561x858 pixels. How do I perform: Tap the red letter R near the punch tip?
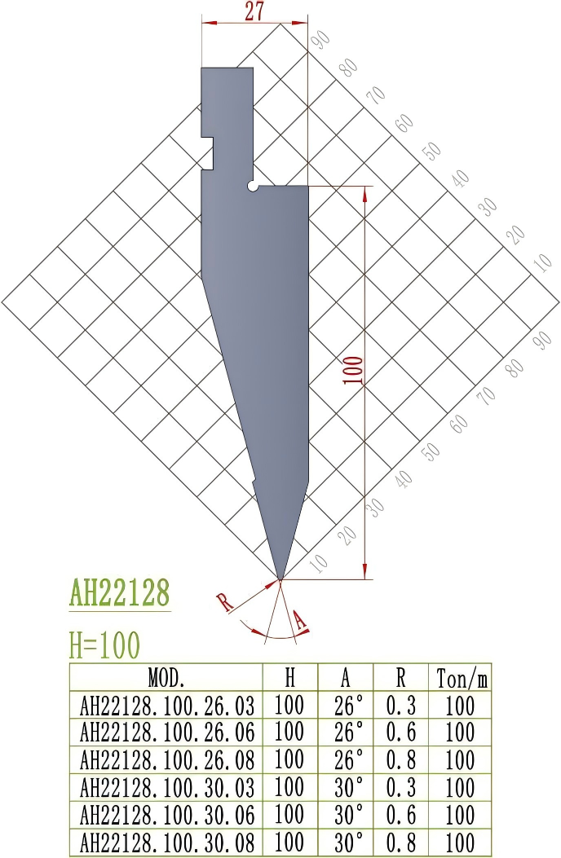click(225, 604)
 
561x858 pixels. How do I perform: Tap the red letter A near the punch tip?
click(300, 623)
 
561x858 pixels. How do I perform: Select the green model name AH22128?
click(120, 592)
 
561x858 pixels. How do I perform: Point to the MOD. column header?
click(166, 678)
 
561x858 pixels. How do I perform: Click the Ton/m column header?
click(462, 678)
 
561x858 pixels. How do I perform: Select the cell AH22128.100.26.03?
click(166, 705)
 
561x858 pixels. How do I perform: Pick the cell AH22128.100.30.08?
click(166, 842)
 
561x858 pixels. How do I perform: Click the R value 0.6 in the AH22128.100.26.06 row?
click(400, 732)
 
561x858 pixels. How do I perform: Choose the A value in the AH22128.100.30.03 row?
click(348, 787)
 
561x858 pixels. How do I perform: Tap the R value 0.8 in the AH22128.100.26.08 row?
click(400, 759)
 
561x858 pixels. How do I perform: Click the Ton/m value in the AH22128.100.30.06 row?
click(462, 814)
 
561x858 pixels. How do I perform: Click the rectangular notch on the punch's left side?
click(208, 152)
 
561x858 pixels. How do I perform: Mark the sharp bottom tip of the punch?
click(280, 578)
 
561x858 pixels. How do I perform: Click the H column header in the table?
click(289, 678)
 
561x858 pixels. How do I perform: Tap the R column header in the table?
click(400, 678)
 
